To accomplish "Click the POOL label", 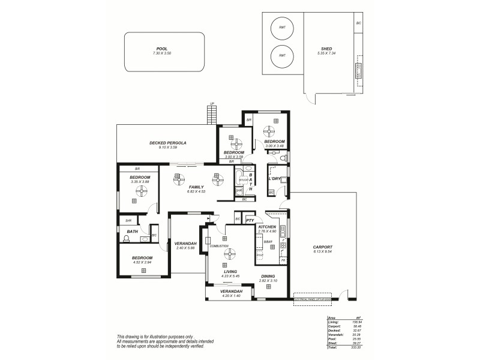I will click(162, 49).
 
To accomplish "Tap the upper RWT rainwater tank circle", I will click(281, 28).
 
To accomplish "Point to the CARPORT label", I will click(322, 247).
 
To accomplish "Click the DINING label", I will click(268, 276).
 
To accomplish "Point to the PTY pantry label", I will click(249, 221).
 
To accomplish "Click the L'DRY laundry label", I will click(274, 178).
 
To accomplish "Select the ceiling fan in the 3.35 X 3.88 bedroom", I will click(142, 191).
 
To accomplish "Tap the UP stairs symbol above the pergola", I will click(211, 112).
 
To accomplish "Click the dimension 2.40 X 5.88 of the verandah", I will click(185, 248).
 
